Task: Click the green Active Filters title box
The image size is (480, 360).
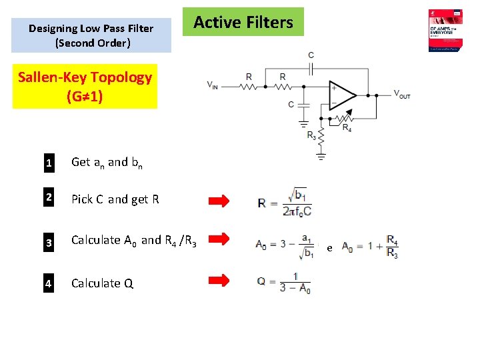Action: point(243,22)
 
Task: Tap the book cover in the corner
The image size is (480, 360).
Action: point(446,31)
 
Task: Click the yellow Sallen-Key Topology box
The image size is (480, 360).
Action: point(85,86)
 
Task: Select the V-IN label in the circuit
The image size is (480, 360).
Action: point(213,85)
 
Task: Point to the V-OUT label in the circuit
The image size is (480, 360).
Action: point(401,94)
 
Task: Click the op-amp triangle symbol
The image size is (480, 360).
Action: point(343,95)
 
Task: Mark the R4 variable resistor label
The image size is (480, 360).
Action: point(347,127)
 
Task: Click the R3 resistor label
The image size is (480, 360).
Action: point(311,135)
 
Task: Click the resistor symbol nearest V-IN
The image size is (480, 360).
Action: point(249,86)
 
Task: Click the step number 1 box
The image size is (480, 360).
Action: point(49,162)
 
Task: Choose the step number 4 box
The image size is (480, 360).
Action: point(49,283)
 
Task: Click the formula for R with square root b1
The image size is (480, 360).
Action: point(284,201)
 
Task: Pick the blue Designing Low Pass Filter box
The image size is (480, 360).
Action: point(91,35)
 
